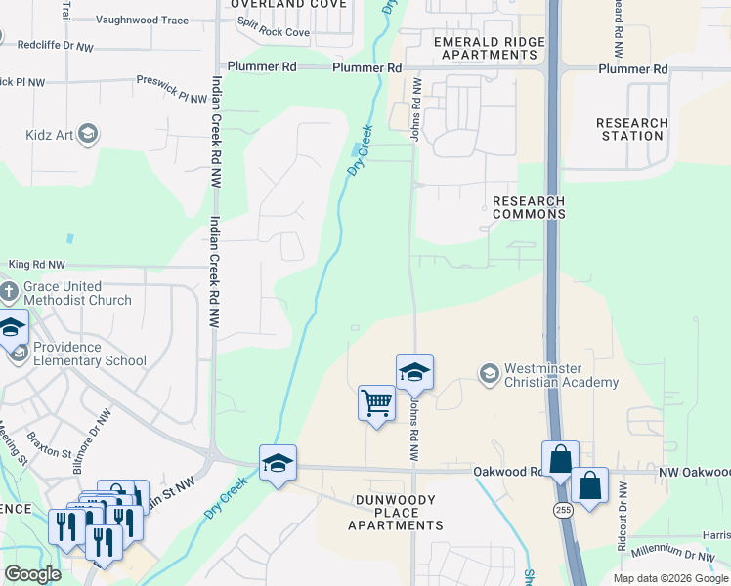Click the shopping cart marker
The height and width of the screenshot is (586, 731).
(376, 402)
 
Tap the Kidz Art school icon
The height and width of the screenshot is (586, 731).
(88, 134)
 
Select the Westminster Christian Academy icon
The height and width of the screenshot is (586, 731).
(489, 374)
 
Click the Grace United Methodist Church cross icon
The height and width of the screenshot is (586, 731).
(9, 292)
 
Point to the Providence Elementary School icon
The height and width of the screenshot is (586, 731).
(19, 354)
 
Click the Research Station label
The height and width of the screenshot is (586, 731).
(632, 129)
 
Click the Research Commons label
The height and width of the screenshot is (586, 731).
(528, 207)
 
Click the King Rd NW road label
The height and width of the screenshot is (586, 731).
(36, 265)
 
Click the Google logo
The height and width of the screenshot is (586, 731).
(32, 573)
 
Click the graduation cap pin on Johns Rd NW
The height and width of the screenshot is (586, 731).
(414, 371)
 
